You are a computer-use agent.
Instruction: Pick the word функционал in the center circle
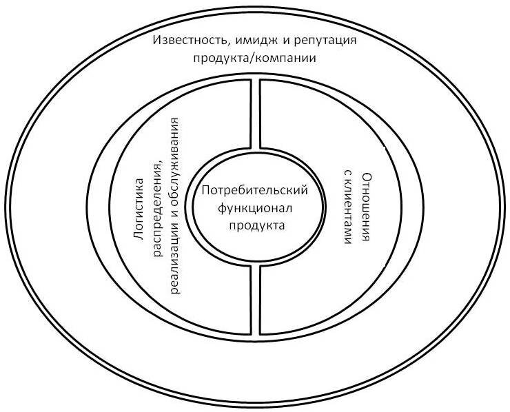[x=256, y=207]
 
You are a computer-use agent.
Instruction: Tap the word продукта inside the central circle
[x=256, y=224]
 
